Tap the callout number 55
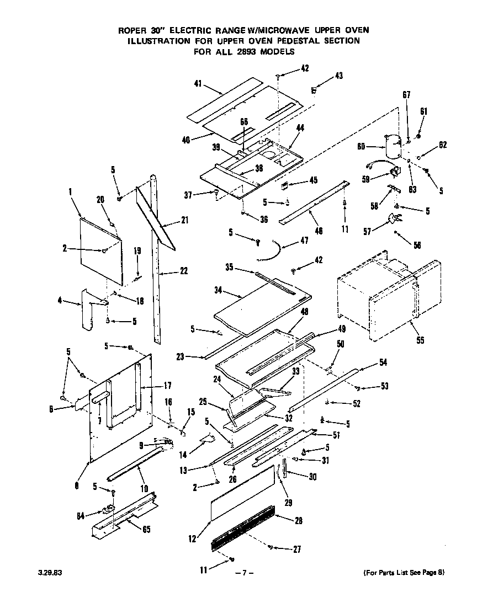[420, 340]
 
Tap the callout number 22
[183, 271]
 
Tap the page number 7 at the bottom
[243, 573]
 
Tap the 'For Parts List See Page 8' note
[404, 573]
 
